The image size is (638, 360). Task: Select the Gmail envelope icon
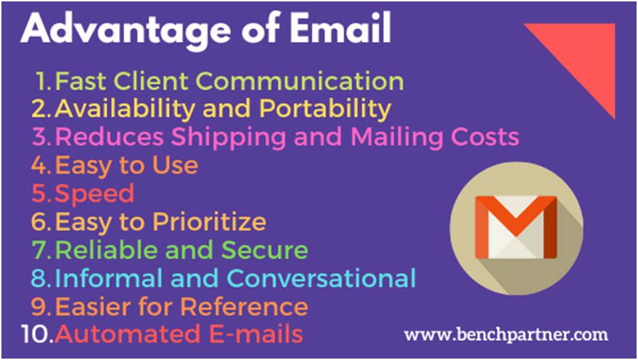[x=516, y=227]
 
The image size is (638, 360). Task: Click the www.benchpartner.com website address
[x=506, y=335]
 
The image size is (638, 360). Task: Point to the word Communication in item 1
[x=300, y=81]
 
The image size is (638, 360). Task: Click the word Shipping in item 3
[x=229, y=138]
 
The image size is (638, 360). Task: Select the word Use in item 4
[x=175, y=165]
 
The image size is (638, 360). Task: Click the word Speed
[x=94, y=195]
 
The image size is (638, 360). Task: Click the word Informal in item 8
[x=109, y=278]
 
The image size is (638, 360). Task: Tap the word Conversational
[x=321, y=278]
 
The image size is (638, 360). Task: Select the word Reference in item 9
[x=244, y=306]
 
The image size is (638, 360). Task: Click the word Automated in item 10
[x=128, y=334]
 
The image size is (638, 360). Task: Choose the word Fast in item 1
[x=81, y=81]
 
